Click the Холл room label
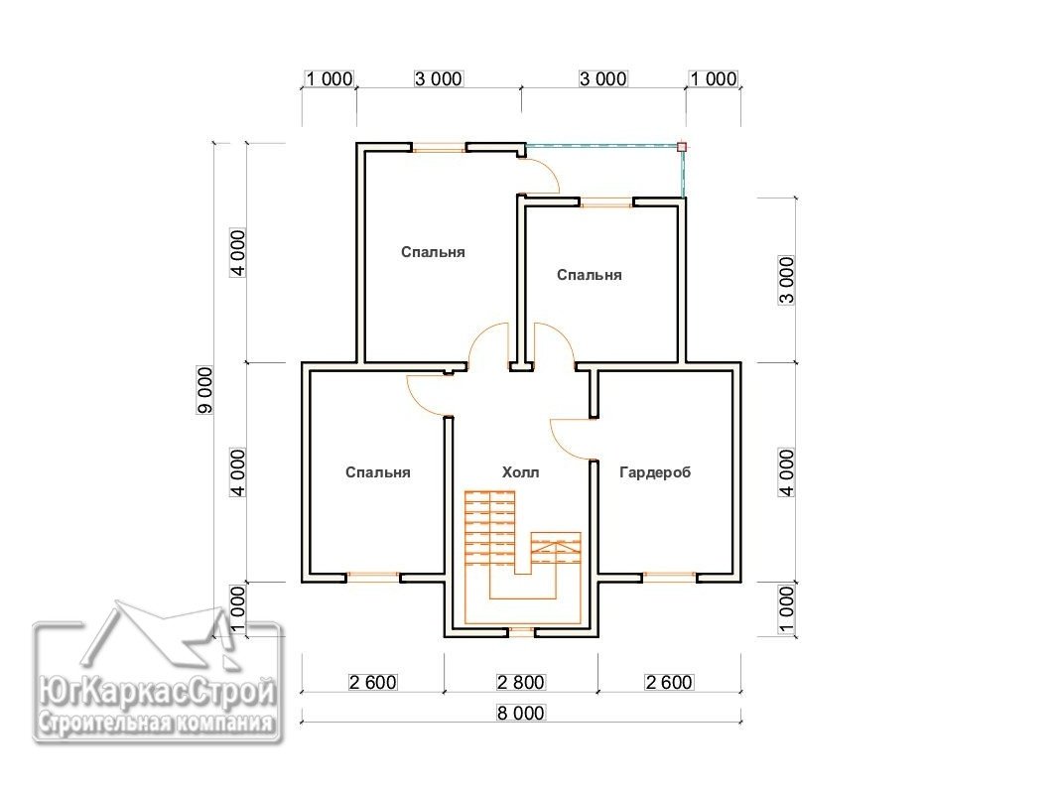[520, 472]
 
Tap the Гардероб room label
[655, 472]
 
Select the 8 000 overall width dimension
[520, 713]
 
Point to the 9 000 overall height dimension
[204, 390]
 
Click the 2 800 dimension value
[520, 682]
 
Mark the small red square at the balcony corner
[682, 147]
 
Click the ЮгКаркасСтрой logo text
[157, 691]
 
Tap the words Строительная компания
[157, 724]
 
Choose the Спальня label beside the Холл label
[377, 472]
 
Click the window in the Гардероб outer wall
[668, 578]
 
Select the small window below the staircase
[521, 632]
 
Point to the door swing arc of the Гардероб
[571, 439]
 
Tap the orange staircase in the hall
[522, 557]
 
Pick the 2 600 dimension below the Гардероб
[669, 682]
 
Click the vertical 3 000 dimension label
[787, 281]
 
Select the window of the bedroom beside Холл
[373, 578]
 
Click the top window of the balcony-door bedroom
[439, 147]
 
